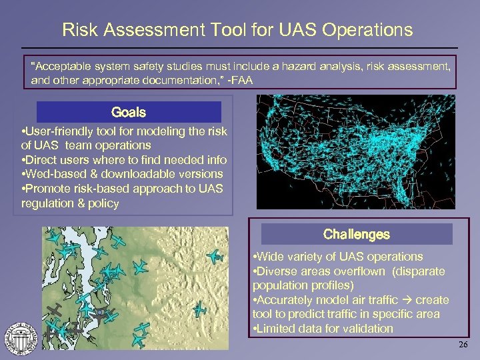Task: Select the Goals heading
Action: (129, 112)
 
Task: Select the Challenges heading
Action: (356, 234)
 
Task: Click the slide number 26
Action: (463, 345)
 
